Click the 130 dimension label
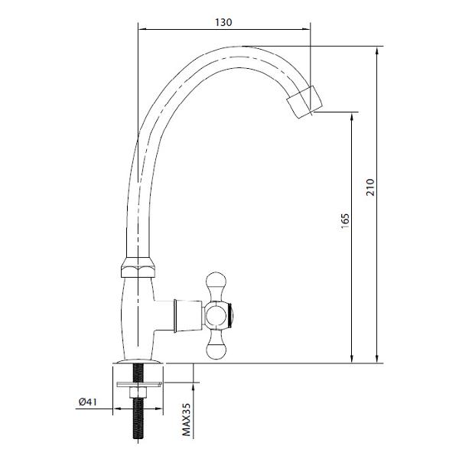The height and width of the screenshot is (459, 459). pos(223,22)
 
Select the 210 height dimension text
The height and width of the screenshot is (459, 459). pos(370,187)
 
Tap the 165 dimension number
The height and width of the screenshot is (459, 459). pos(346,221)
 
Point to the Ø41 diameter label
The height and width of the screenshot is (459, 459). pos(87,402)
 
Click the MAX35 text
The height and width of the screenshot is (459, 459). pos(187,419)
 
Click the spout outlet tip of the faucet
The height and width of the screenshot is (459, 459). pos(304,102)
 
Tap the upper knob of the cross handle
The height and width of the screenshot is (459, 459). pos(216,282)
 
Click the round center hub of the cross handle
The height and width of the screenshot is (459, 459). pos(216,316)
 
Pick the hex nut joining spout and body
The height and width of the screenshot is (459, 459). pos(138,267)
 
